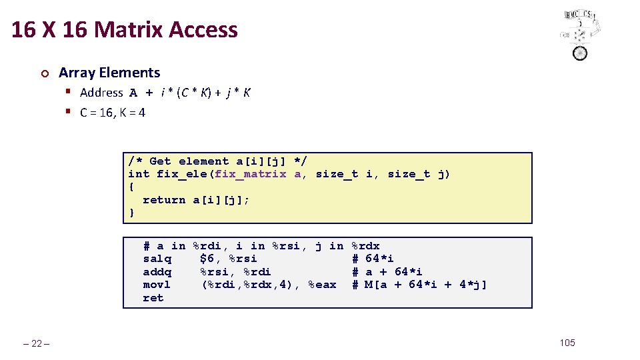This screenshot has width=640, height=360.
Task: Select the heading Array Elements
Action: [109, 73]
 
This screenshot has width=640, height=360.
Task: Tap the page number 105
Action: [567, 343]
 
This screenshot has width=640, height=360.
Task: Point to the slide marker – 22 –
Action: [37, 343]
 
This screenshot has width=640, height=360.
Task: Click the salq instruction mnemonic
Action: [157, 259]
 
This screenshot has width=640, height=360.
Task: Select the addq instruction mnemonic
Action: [157, 272]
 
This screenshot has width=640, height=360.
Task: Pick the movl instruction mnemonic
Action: [157, 285]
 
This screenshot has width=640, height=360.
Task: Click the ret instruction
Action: [153, 298]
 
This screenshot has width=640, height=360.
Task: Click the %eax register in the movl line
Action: [323, 285]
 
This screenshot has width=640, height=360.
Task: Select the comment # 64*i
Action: [373, 259]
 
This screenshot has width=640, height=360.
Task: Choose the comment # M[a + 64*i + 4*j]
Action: [419, 285]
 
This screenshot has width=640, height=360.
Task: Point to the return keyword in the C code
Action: [164, 200]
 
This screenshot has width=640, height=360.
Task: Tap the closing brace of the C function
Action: [131, 213]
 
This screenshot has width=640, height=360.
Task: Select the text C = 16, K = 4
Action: [112, 113]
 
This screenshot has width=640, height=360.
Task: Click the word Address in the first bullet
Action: [101, 93]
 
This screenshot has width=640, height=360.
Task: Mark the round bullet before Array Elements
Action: [44, 73]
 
